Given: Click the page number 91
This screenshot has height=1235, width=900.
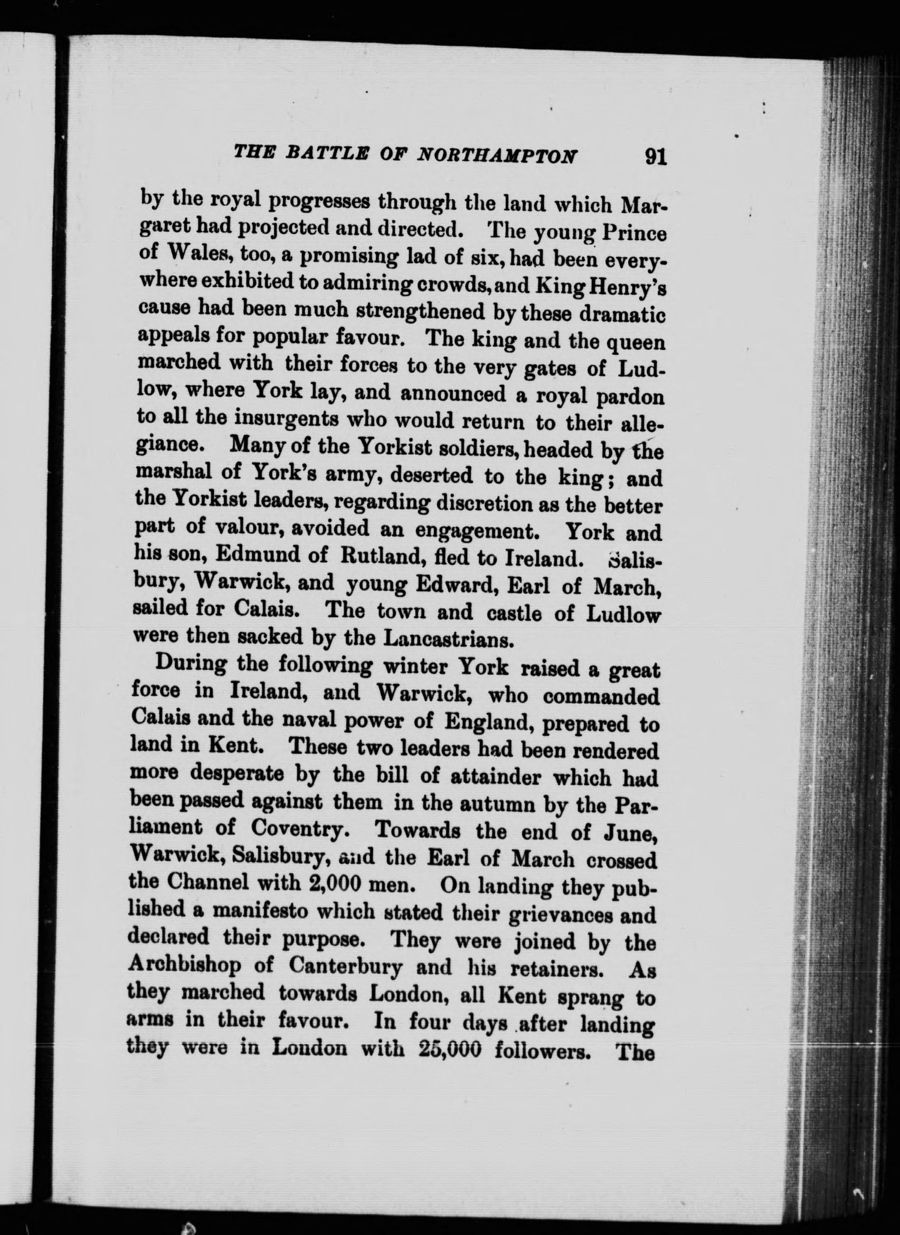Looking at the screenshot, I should [655, 156].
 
